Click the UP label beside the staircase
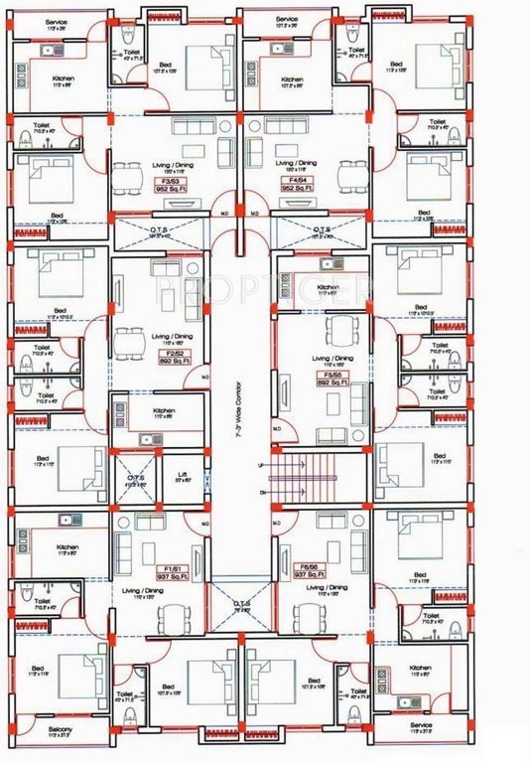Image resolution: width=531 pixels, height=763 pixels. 260,464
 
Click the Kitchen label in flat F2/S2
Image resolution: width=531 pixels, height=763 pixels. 165,410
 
